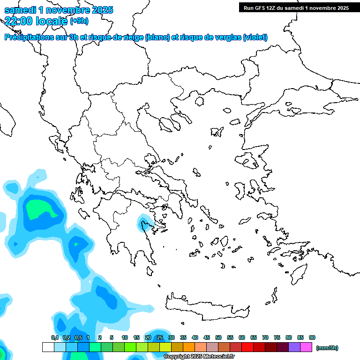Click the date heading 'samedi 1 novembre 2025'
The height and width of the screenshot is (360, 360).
tap(59, 10)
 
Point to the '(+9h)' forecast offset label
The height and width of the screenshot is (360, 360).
tap(79, 21)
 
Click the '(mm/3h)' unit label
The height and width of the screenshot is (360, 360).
tap(327, 348)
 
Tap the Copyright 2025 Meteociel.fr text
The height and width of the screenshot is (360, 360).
tap(199, 357)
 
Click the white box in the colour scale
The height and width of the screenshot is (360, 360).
tap(48, 347)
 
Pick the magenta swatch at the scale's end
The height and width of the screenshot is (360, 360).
tap(306, 347)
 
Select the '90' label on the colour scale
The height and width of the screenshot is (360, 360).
tap(312, 337)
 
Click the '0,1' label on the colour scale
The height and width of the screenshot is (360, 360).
tap(55, 337)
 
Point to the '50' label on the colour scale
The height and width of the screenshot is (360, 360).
tap(218, 337)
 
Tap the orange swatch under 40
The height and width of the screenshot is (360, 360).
tap(189, 347)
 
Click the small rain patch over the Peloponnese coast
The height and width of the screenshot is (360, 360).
tap(144, 224)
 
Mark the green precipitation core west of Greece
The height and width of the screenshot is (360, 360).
tap(40, 209)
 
